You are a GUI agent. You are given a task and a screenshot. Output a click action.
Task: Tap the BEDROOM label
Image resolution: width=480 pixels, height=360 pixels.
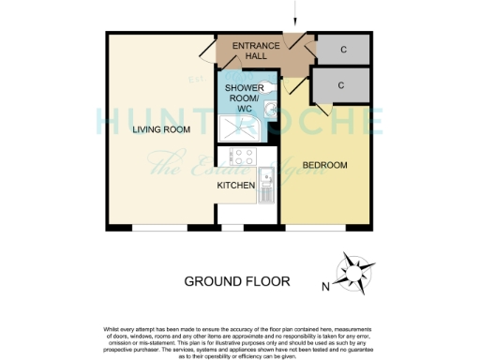pyautogui.click(x=324, y=165)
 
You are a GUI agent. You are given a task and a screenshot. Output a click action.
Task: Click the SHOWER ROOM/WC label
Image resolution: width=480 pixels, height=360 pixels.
pyautogui.click(x=240, y=97)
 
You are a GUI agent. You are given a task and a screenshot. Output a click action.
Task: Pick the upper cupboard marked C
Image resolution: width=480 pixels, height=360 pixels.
pyautogui.click(x=345, y=49)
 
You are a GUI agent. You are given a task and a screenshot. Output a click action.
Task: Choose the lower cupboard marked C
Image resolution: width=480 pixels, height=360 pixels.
pyautogui.click(x=341, y=85)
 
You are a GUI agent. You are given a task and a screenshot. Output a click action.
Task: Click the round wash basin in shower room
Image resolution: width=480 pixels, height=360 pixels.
pyautogui.click(x=268, y=111)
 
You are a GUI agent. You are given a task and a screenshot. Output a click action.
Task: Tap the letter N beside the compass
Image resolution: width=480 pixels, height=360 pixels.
pyautogui.click(x=325, y=285)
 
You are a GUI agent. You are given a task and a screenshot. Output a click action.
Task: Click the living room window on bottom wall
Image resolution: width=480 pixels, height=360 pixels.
pyautogui.click(x=159, y=228)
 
